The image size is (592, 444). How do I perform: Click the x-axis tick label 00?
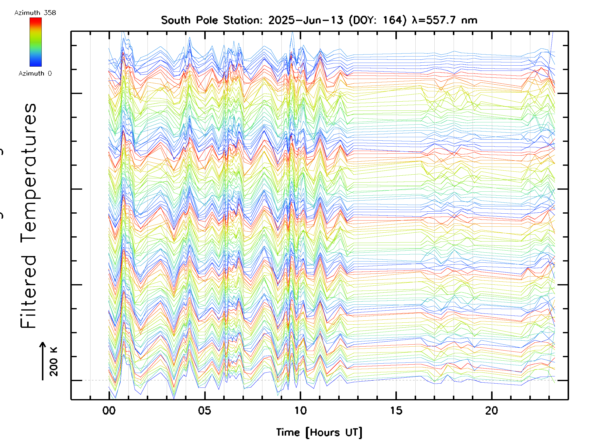(109, 410)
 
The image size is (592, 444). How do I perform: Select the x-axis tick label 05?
(204, 410)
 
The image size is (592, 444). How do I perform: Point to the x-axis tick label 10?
(300, 410)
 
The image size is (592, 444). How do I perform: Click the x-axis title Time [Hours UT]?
(319, 432)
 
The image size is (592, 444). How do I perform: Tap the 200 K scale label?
(54, 362)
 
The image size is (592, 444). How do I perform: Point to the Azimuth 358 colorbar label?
(35, 13)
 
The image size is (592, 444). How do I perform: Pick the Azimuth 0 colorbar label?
(35, 73)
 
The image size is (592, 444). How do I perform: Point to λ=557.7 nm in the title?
(444, 20)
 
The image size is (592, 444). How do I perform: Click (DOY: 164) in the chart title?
(378, 20)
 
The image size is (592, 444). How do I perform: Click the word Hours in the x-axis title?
(325, 432)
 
